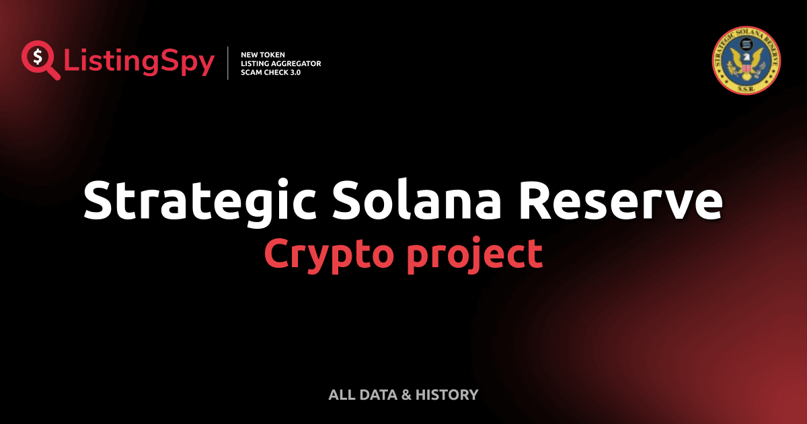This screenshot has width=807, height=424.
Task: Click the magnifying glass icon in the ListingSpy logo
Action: tap(40, 59)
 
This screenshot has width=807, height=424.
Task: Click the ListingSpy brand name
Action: tap(139, 63)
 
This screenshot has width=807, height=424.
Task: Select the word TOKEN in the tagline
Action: tap(272, 55)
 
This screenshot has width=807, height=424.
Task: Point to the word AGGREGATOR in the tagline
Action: tap(294, 63)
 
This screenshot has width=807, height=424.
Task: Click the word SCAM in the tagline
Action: tap(252, 72)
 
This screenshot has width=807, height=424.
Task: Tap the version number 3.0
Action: tap(294, 72)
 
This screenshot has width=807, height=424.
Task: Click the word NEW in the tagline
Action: tap(249, 55)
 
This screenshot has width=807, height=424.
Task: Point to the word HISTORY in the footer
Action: tap(447, 395)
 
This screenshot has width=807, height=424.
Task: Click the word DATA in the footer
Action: tap(376, 395)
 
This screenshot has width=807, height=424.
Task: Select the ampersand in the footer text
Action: tap(406, 395)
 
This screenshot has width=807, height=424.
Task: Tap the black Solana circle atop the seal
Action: tap(745, 46)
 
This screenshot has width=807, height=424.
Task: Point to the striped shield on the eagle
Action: tap(746, 68)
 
